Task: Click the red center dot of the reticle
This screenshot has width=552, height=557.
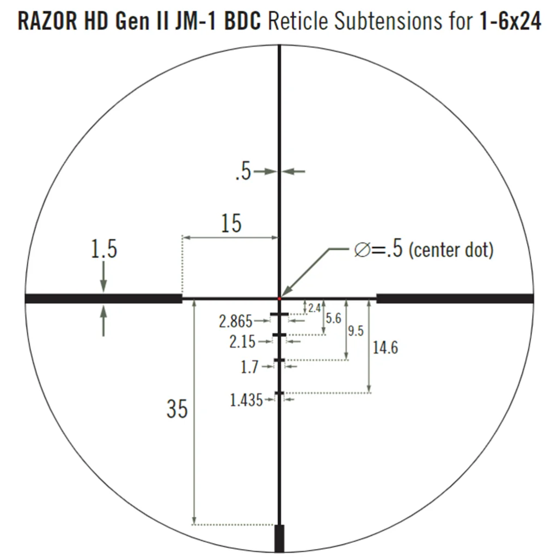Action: [280, 298]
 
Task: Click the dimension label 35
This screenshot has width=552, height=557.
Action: [177, 409]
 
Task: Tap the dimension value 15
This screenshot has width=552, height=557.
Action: [231, 223]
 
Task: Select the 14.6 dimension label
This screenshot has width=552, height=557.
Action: [385, 348]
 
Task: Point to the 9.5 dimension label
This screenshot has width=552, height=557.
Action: [355, 331]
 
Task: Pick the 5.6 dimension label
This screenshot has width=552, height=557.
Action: [333, 318]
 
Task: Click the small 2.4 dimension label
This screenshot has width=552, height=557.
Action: [314, 308]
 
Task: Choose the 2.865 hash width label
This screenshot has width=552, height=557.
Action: [236, 321]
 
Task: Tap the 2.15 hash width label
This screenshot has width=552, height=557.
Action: [242, 342]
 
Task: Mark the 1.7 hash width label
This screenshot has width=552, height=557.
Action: [249, 368]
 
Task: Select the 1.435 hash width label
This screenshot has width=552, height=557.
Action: [247, 400]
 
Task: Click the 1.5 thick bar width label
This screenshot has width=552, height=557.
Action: [103, 250]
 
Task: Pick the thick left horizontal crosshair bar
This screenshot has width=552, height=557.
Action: [103, 299]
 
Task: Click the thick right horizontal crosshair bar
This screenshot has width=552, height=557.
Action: [455, 299]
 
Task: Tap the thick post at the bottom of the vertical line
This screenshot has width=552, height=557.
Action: [279, 539]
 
